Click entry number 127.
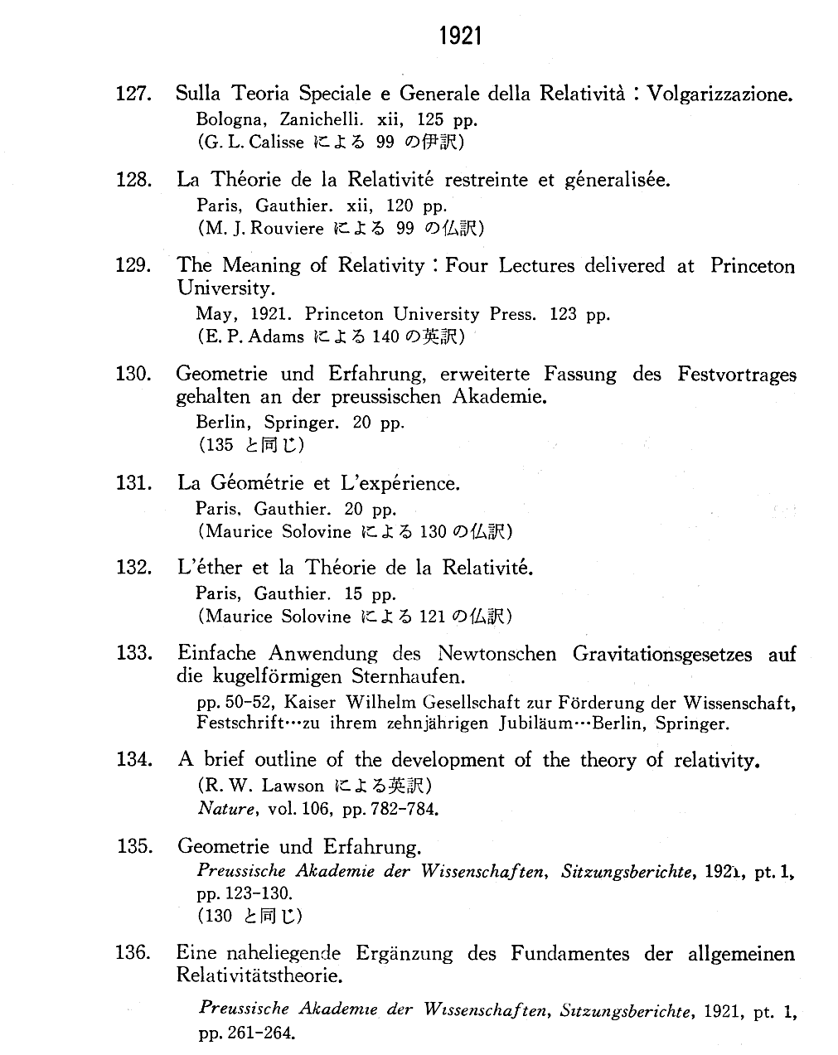pyautogui.click(x=133, y=94)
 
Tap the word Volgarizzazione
pyautogui.click(x=719, y=94)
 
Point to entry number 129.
pyautogui.click(x=133, y=265)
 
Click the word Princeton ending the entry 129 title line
pyautogui.click(x=752, y=266)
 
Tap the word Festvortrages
pyautogui.click(x=736, y=375)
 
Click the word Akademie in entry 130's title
pyautogui.click(x=499, y=396)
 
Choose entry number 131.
pyautogui.click(x=133, y=483)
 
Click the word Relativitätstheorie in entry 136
pyautogui.click(x=259, y=975)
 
